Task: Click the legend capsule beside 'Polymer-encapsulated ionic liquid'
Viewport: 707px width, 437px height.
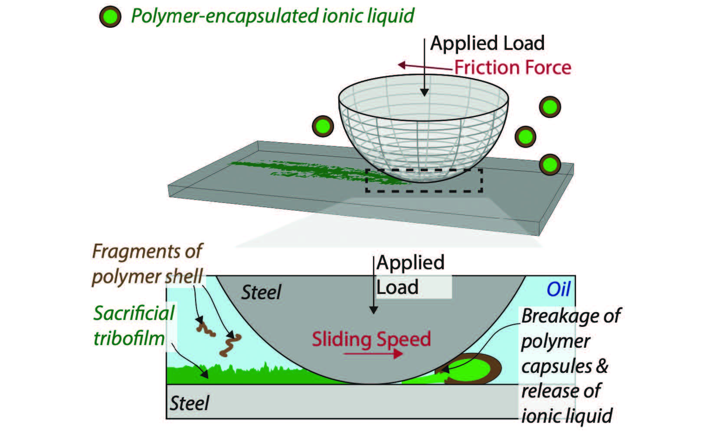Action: (110, 17)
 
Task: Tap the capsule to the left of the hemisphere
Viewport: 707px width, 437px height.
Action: (323, 126)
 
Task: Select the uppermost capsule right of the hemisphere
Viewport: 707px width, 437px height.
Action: (550, 107)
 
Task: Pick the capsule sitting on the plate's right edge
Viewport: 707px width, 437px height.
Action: (550, 165)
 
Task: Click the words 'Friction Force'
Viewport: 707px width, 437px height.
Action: (512, 68)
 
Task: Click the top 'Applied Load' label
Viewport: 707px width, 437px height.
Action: (487, 43)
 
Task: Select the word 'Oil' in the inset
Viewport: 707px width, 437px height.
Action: (558, 289)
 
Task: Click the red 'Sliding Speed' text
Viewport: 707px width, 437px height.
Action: (371, 339)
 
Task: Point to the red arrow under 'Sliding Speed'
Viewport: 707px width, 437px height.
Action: (373, 354)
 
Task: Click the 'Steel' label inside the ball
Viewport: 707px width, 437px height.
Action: (261, 293)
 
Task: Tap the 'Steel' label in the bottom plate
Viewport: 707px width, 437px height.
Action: (189, 403)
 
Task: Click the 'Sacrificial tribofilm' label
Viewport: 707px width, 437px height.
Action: (134, 325)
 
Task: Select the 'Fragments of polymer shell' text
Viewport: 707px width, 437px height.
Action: (147, 264)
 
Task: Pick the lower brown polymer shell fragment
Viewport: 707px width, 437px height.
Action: (230, 345)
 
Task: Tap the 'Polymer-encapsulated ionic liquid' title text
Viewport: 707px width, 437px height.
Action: (272, 16)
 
